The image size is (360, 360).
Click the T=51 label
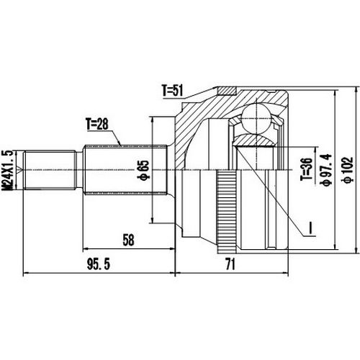coord(176,91)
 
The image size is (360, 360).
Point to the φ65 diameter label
coord(165,171)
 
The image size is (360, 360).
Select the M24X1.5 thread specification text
coord(9,171)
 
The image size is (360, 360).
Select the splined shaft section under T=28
coord(126,170)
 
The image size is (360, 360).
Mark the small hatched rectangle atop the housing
coord(227,90)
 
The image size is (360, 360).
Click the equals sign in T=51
coord(175,91)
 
